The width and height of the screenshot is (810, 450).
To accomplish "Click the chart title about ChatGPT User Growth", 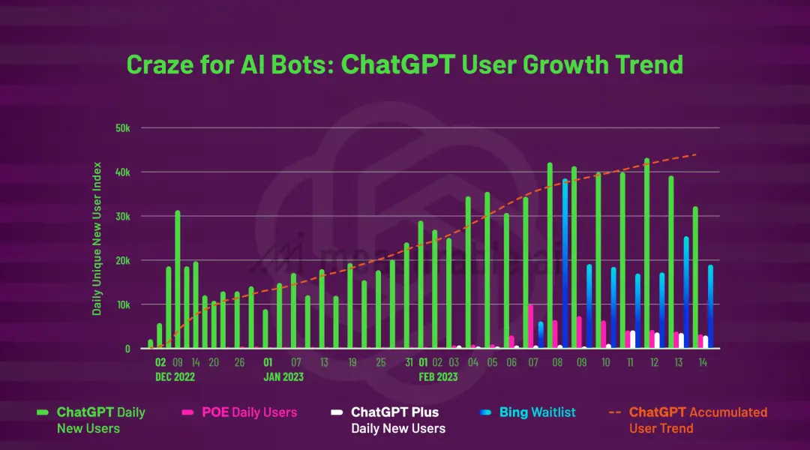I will point(404,64).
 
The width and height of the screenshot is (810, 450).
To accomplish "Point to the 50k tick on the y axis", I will point(122,128).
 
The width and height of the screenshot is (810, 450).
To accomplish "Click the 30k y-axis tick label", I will point(122,217).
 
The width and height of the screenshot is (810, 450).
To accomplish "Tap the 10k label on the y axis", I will point(122,305).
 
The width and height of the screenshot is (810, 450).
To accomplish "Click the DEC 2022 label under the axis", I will point(175,377).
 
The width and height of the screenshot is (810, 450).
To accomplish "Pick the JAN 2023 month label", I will point(283,377).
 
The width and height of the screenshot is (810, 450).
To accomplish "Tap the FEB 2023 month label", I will point(437,377).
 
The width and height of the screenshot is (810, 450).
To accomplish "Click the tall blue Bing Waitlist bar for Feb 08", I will point(565,262).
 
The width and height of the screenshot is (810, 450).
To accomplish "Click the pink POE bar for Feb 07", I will point(531,326).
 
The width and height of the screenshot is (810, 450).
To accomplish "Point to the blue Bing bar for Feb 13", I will point(685,292).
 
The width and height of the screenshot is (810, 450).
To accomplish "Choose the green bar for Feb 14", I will point(695,277).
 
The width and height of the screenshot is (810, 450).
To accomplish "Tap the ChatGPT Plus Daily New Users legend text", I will point(397,420).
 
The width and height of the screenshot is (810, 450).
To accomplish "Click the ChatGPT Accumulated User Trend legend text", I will point(697,420).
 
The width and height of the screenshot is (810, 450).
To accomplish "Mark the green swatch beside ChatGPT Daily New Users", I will point(43,412).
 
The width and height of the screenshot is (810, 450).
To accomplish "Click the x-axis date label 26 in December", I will point(239,362).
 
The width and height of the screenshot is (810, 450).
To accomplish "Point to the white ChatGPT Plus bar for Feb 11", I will point(632,339).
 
